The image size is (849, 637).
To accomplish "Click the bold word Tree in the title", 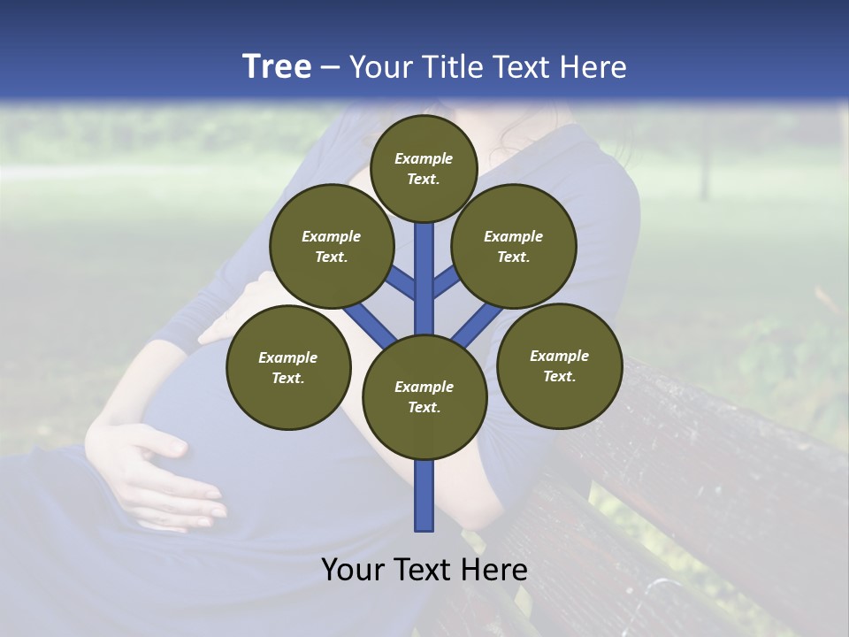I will point(277,66).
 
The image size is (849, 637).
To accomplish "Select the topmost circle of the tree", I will point(424,168).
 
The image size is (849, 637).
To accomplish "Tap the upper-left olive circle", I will point(331,246).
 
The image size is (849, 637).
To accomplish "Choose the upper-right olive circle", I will point(513,246).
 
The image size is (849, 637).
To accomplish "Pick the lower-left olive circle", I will point(287,367).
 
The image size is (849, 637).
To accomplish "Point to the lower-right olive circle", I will point(558,365).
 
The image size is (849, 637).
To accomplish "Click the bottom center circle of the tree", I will point(424,396).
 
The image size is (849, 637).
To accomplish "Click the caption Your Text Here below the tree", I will point(424,570).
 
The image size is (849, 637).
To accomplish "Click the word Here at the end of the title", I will point(595,67).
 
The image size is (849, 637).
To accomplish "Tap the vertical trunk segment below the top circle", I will point(424,265).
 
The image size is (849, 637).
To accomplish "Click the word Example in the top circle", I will point(424,158).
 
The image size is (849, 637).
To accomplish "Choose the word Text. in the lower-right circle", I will point(558,376).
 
